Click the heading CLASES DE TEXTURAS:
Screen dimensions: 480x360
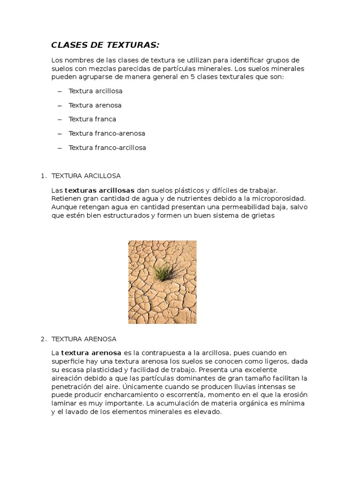(x=105, y=45)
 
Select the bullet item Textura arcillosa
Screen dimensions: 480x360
(x=95, y=91)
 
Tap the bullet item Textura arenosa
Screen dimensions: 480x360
(x=95, y=105)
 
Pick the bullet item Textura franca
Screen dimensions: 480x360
(x=92, y=119)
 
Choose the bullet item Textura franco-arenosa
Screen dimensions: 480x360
(x=106, y=133)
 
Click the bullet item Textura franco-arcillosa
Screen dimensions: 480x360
(x=107, y=148)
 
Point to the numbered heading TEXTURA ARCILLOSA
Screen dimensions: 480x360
(x=86, y=176)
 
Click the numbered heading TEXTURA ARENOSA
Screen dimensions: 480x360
(x=84, y=339)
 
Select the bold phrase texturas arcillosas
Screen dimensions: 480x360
(x=99, y=190)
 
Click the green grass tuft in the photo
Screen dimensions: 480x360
(x=163, y=270)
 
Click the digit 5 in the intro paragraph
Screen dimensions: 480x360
(x=193, y=77)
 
